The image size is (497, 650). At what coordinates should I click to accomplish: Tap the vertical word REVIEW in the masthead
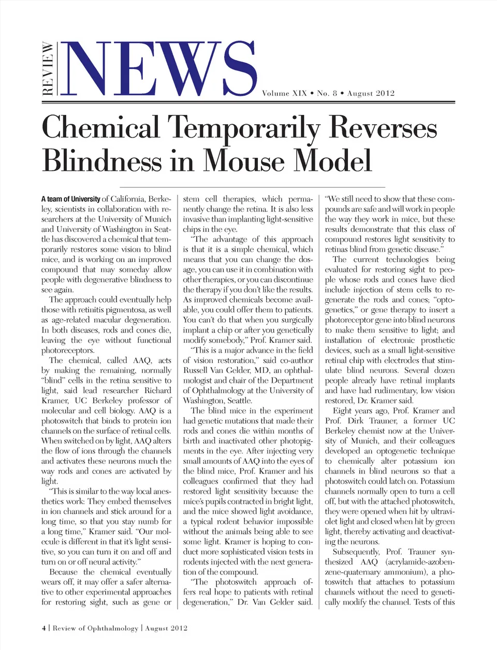(48, 69)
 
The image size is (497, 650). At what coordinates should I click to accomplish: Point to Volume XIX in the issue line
(284, 94)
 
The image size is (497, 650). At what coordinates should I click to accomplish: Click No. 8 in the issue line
(327, 94)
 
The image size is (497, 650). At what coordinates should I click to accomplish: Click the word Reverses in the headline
(383, 128)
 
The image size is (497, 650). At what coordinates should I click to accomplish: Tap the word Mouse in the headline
(244, 160)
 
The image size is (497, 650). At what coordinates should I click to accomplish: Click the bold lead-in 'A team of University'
(71, 199)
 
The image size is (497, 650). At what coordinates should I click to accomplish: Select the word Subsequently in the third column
(356, 552)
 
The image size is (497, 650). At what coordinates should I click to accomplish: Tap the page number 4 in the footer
(44, 628)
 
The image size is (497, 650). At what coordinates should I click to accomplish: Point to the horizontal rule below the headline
(252, 186)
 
